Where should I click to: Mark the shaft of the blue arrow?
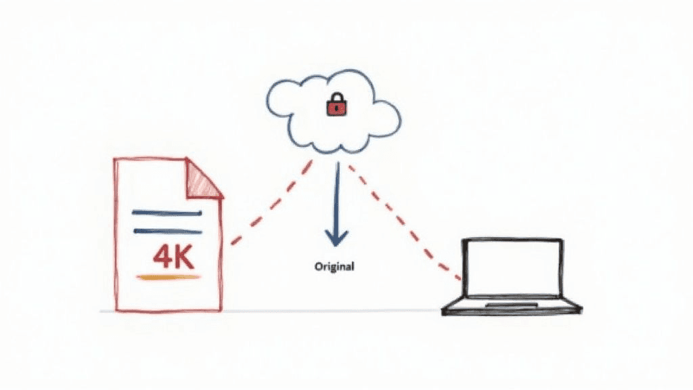click(x=336, y=196)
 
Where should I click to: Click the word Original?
click(x=334, y=266)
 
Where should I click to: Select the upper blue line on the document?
click(x=167, y=213)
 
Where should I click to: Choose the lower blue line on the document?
click(x=167, y=231)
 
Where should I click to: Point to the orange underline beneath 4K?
click(x=169, y=277)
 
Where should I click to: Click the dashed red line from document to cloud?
click(x=271, y=203)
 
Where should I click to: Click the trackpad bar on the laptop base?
click(x=512, y=305)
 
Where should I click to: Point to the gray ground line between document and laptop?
click(x=332, y=311)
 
